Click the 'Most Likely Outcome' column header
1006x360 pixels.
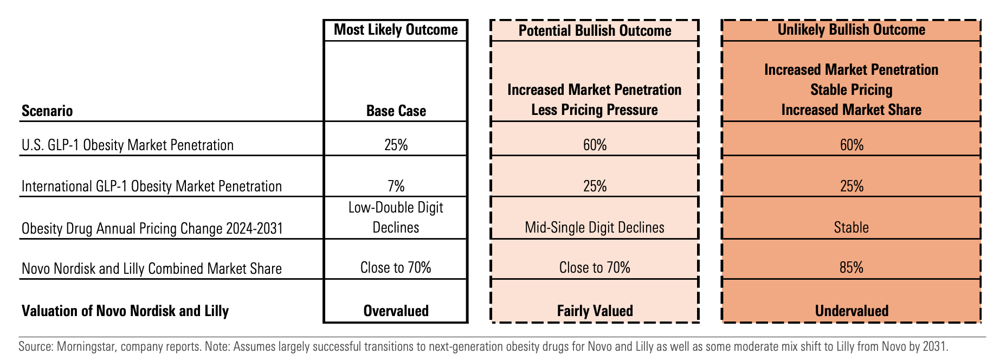coord(396,29)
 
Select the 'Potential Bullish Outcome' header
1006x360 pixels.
coord(595,30)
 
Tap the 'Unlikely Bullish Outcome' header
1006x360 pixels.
coord(852,29)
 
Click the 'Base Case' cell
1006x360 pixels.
coord(396,111)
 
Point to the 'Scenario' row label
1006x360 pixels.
coord(47,111)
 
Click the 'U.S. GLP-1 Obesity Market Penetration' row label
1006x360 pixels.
coord(127,145)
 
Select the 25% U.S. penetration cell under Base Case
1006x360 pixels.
coord(396,145)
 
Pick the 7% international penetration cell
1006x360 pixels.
coord(396,186)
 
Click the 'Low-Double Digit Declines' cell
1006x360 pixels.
coord(396,217)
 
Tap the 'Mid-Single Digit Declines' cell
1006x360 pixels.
coord(595,227)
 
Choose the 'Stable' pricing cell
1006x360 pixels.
coord(852,227)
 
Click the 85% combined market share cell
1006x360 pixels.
coord(852,268)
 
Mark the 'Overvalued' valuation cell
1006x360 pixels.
coord(396,311)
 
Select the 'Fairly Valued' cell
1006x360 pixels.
coord(595,311)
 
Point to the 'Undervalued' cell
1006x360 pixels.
coord(852,311)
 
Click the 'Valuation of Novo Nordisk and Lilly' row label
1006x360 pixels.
coord(125,311)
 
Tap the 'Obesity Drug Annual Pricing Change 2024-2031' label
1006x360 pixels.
coord(152,228)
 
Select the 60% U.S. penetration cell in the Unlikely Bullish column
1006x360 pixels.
coord(852,145)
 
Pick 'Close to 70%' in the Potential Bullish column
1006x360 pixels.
coord(595,268)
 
